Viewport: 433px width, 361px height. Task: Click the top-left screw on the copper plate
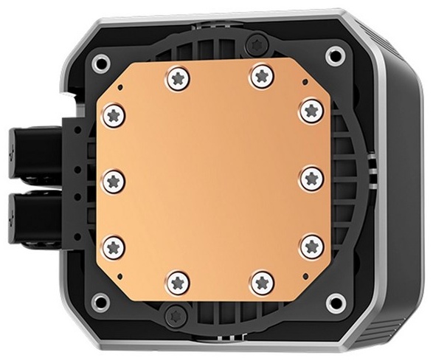pos(177,75)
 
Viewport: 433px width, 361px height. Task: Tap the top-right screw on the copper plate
pos(259,74)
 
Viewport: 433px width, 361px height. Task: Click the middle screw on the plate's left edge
pos(114,179)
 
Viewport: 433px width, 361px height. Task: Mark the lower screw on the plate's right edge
pos(311,245)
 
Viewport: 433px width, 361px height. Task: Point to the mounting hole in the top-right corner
pos(337,54)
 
